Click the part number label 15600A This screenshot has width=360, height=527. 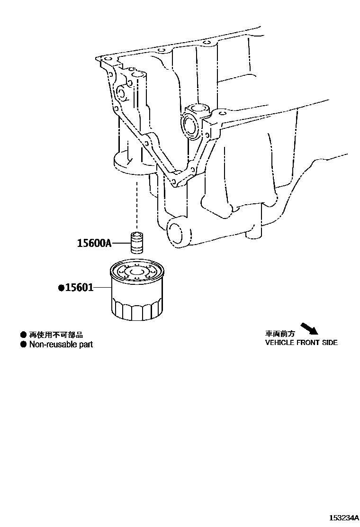[x=94, y=244]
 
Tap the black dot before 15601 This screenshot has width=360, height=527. [x=61, y=288]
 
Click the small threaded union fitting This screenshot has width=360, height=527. [x=137, y=243]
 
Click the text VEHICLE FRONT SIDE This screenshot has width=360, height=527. [x=301, y=343]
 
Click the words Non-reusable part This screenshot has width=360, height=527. [x=61, y=345]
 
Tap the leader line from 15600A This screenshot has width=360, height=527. [x=120, y=244]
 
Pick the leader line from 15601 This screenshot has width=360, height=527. [x=102, y=288]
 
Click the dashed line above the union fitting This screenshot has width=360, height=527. [x=137, y=204]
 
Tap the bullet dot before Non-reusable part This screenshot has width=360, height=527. [x=23, y=345]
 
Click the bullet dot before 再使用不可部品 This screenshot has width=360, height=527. [x=23, y=335]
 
